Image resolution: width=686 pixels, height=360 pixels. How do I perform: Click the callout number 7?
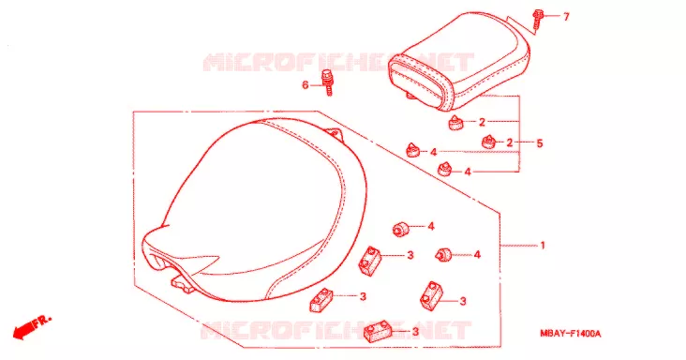566,17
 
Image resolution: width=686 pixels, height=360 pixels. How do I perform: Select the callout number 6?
306,85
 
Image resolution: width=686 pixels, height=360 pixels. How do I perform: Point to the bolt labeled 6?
328,82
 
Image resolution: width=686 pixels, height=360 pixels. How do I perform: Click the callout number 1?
543,246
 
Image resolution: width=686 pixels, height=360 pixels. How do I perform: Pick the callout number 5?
540,143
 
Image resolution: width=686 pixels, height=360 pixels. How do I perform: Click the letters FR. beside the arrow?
42,321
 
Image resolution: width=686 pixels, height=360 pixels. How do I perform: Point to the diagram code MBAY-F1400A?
570,334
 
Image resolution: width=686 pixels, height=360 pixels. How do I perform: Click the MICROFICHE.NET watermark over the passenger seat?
338,62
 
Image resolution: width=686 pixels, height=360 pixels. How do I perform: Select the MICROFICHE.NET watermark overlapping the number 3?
336,330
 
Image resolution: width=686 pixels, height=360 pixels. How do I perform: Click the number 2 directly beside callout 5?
509,142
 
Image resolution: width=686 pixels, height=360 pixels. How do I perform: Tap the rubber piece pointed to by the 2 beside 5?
488,142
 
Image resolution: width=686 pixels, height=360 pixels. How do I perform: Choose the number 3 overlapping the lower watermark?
415,332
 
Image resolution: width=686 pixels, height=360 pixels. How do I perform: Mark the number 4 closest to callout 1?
477,255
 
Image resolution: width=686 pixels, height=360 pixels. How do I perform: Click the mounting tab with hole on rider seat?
334,132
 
